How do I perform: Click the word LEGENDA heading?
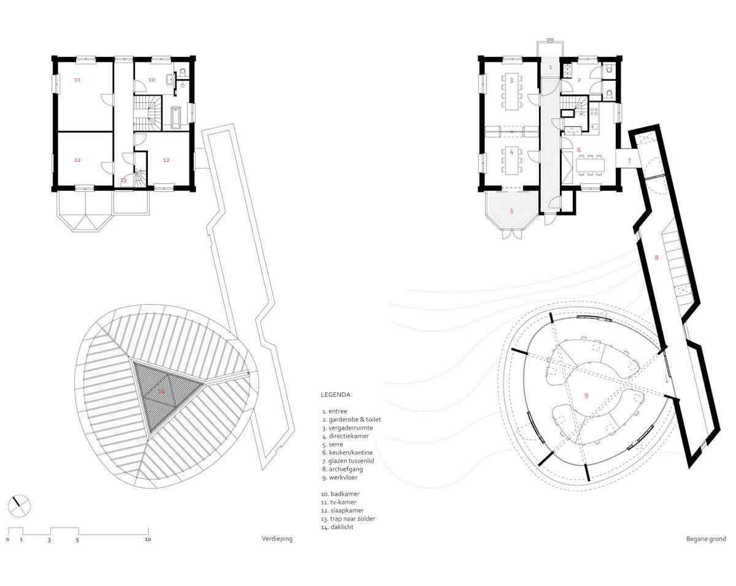[x=335, y=395]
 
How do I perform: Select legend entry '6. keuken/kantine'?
[x=347, y=452]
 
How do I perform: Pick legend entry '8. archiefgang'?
[x=342, y=469]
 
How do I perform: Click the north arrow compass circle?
[x=19, y=506]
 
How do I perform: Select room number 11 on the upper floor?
[x=77, y=80]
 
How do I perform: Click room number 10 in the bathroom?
[x=152, y=80]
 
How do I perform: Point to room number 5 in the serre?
[x=512, y=211]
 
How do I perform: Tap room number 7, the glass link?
[x=629, y=161]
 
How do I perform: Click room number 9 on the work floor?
[x=586, y=396]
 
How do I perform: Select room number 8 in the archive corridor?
[x=656, y=258]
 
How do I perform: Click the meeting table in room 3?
[x=512, y=91]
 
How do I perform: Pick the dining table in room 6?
[x=590, y=165]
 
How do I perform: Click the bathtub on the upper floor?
[x=176, y=118]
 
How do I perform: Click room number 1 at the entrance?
[x=550, y=67]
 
